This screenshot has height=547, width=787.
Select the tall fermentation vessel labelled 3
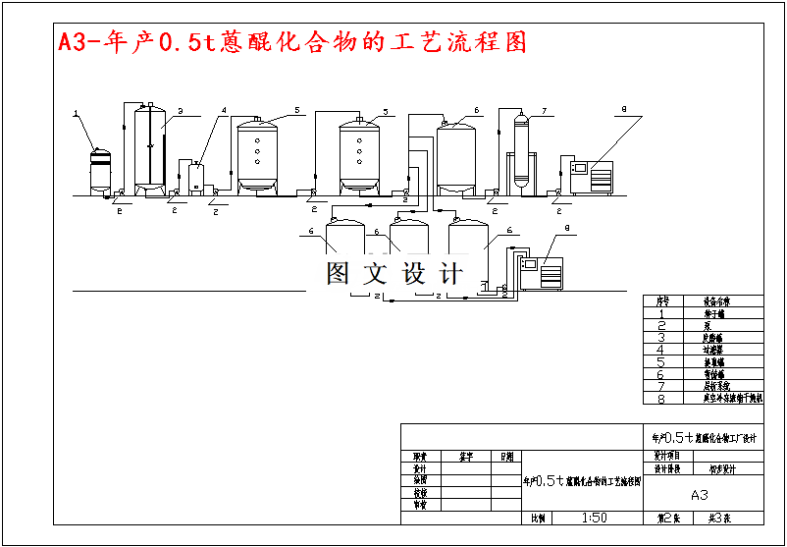(149, 147)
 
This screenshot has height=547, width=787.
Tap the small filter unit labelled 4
(196, 177)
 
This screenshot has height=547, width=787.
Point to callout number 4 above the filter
(224, 110)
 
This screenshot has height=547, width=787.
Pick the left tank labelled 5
(258, 154)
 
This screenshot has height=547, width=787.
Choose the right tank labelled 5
(359, 154)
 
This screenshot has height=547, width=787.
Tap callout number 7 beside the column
(544, 110)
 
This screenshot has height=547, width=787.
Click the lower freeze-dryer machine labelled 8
(543, 272)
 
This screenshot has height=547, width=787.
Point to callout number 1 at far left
(76, 115)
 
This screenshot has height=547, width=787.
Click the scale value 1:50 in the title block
(594, 518)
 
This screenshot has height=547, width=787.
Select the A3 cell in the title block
(700, 495)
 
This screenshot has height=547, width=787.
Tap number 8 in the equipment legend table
(661, 399)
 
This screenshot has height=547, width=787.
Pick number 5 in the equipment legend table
(661, 361)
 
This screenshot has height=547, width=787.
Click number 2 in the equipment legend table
(661, 325)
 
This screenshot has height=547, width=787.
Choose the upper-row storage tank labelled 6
(455, 155)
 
